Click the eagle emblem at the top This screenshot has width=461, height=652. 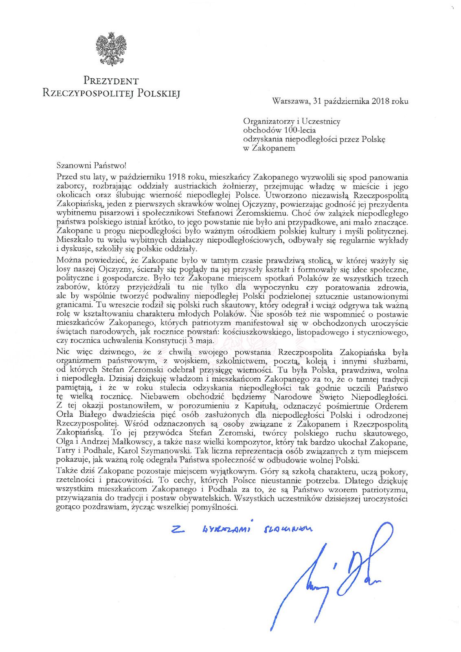[x=111, y=49]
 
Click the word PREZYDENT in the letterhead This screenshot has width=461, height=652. [x=111, y=81]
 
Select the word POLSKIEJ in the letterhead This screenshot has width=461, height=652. [x=158, y=93]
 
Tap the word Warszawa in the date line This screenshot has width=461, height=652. [x=290, y=101]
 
